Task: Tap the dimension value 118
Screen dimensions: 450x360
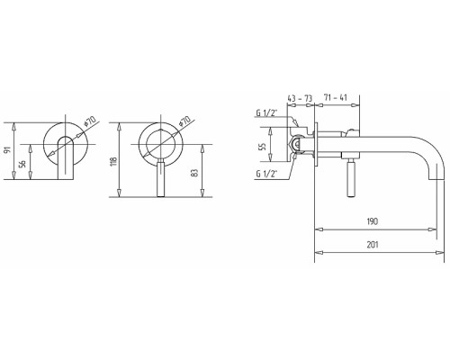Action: point(113,161)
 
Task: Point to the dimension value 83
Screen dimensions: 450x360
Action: point(195,173)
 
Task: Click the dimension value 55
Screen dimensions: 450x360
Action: point(263,146)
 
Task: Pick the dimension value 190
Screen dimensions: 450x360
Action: point(373,221)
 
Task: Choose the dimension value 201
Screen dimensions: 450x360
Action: point(373,245)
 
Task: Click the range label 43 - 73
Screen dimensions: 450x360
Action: point(300,98)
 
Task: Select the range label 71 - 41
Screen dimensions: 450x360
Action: point(335,97)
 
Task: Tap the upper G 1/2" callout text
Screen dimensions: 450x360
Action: point(266,113)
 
